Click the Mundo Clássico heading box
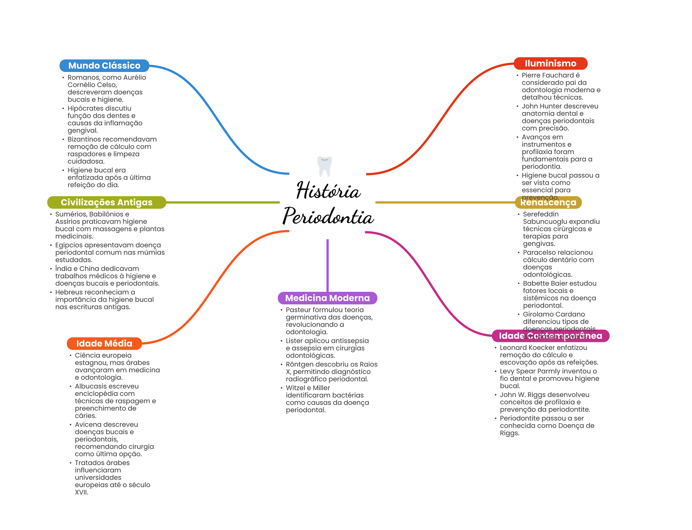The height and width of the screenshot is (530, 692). click(x=104, y=66)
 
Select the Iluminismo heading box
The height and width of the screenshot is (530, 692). click(x=550, y=64)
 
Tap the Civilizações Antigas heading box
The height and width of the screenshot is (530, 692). click(x=106, y=202)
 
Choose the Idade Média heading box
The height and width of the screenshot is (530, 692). click(x=104, y=344)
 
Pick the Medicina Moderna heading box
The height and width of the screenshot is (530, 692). click(x=327, y=298)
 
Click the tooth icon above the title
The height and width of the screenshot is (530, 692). click(x=325, y=166)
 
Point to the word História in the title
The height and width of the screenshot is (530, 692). click(x=328, y=191)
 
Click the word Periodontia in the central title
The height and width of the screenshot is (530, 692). click(x=328, y=216)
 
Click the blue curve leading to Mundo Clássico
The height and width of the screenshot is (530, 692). click(x=216, y=118)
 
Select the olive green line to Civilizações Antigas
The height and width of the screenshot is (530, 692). click(x=223, y=202)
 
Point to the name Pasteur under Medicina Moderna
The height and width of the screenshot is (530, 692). click(x=298, y=310)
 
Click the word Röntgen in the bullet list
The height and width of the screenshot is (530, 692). click(x=300, y=364)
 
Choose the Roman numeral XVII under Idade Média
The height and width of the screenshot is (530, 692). click(x=81, y=492)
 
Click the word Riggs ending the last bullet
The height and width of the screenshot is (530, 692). click(x=509, y=433)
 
